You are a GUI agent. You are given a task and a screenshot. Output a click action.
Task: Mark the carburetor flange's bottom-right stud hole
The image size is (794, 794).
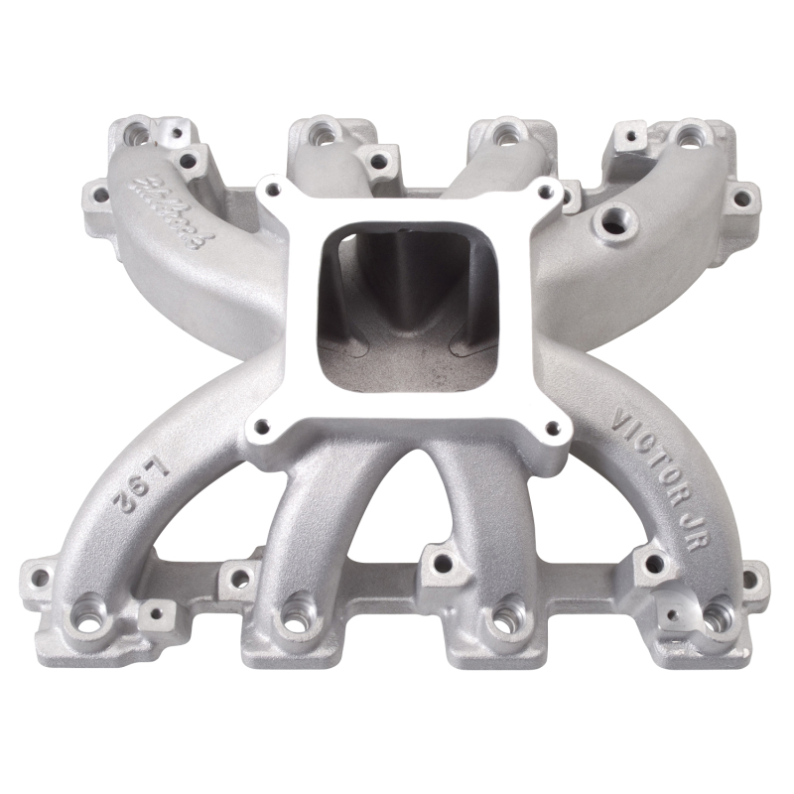553,428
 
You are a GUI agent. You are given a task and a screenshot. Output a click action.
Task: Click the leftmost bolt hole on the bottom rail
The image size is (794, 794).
39,573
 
